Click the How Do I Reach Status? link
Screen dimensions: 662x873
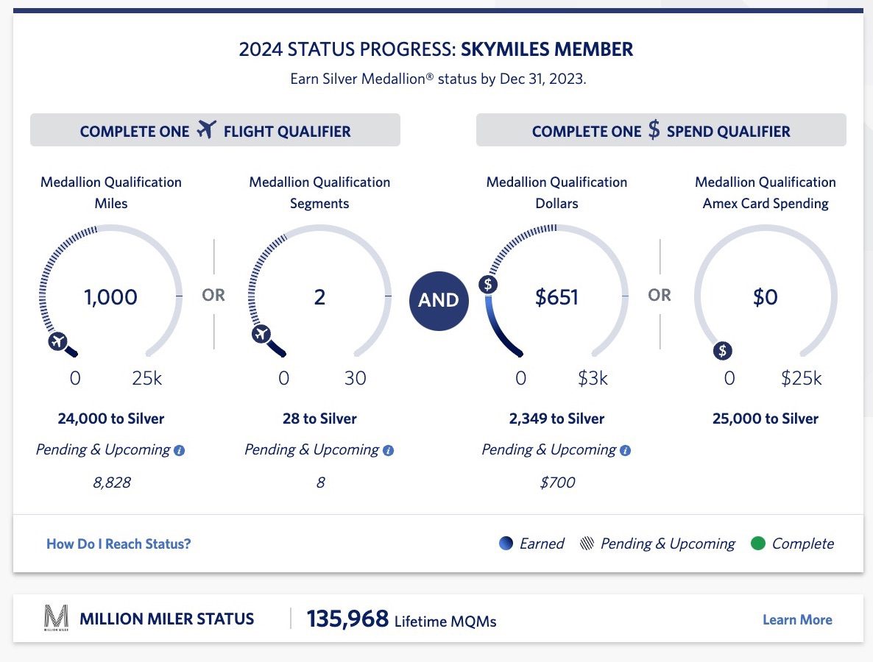click(x=119, y=544)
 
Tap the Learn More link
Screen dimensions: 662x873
click(x=797, y=619)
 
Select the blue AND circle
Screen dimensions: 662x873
click(x=439, y=300)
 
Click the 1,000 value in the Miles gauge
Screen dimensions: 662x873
click(x=110, y=297)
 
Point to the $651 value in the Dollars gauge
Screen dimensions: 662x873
click(x=556, y=297)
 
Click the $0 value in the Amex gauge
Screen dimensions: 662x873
click(x=766, y=297)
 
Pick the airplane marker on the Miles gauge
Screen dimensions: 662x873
click(x=58, y=341)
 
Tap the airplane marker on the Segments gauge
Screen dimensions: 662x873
click(x=261, y=335)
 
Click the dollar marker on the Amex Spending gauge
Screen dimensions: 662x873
click(x=723, y=351)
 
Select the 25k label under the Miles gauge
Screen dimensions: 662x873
click(x=146, y=379)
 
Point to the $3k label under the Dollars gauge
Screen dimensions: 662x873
click(x=593, y=379)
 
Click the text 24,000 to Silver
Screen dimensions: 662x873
click(x=110, y=419)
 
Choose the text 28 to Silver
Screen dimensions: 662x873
click(x=319, y=419)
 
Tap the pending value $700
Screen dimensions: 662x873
click(x=556, y=483)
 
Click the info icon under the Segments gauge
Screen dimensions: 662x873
click(x=389, y=450)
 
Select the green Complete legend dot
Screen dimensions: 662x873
click(x=757, y=544)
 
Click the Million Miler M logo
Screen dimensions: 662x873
click(x=56, y=618)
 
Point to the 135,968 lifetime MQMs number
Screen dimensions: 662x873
click(x=347, y=619)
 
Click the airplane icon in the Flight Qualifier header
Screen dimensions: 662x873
click(x=207, y=131)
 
